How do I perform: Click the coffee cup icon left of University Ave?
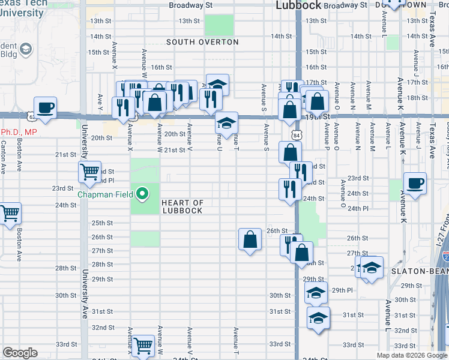[x=45, y=108]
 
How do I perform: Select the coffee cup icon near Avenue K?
[x=415, y=184]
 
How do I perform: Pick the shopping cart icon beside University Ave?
[x=89, y=172]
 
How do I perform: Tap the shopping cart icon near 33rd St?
[x=142, y=345]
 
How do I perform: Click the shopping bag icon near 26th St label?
[x=250, y=240]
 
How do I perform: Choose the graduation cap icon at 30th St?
[x=316, y=293]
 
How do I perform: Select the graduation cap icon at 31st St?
[x=318, y=317]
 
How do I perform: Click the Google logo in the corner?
[x=20, y=353]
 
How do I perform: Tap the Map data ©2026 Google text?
[x=412, y=355]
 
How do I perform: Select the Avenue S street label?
[x=264, y=96]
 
